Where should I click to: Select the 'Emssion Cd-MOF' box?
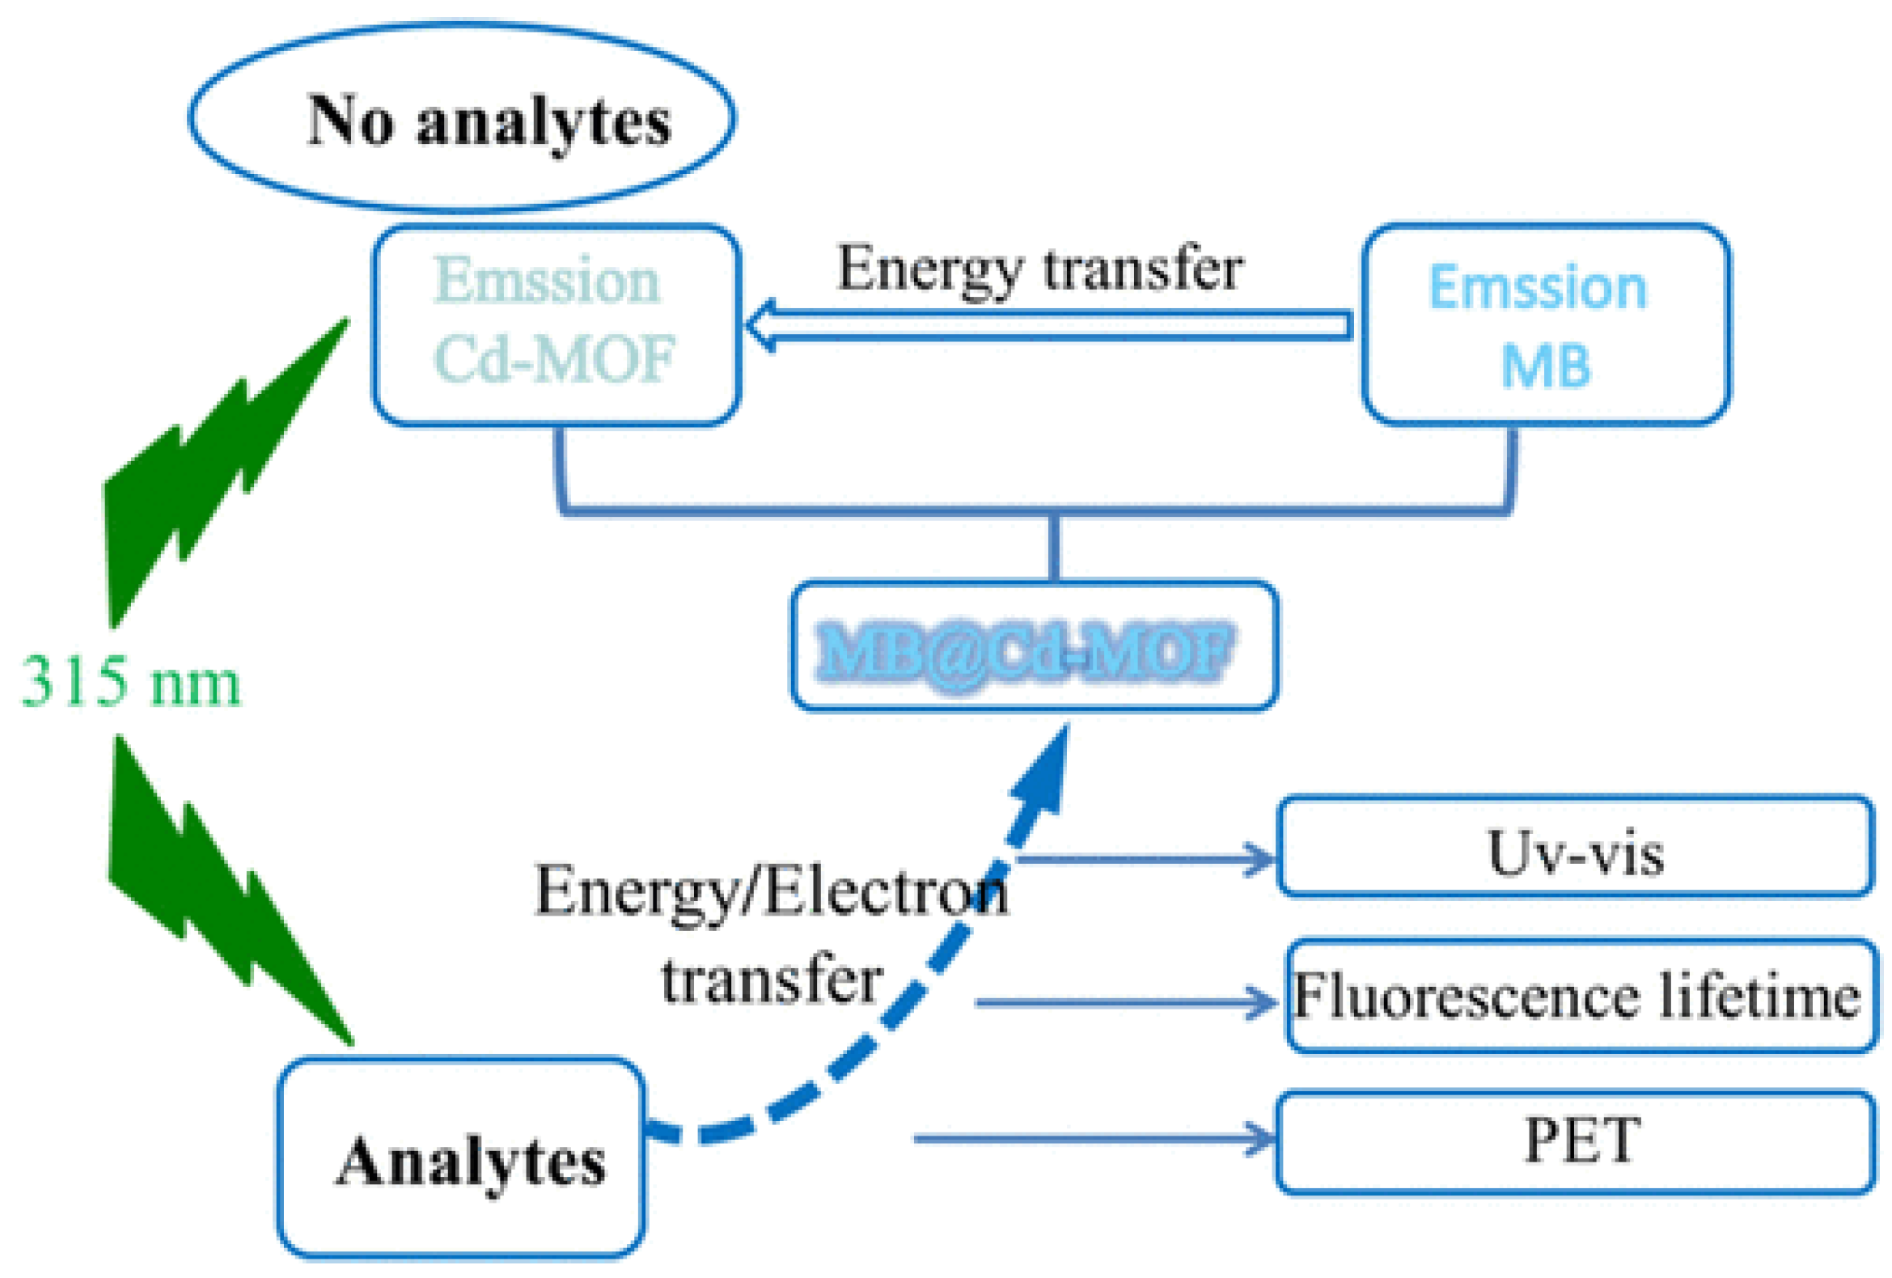pyautogui.click(x=556, y=324)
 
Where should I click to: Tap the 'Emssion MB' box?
pyautogui.click(x=1545, y=324)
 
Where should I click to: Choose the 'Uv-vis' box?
pyautogui.click(x=1575, y=847)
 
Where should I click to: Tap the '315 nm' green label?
pyautogui.click(x=130, y=682)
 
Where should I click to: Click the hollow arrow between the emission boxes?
pyautogui.click(x=1050, y=326)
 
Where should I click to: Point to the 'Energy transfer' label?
pyautogui.click(x=1040, y=269)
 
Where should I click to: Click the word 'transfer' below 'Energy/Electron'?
pyautogui.click(x=771, y=980)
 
